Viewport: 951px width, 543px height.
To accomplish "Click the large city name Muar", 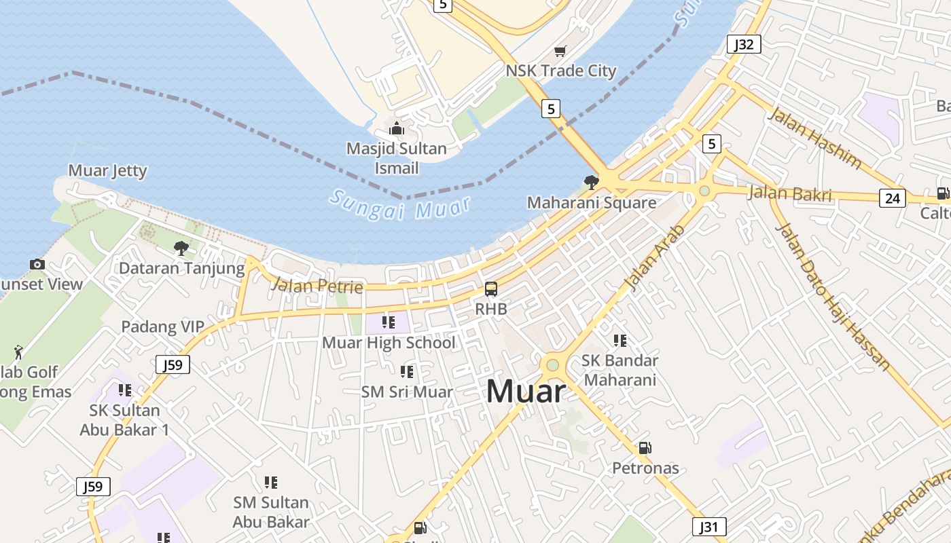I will pyautogui.click(x=526, y=392).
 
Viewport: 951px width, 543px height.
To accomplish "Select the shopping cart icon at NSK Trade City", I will pyautogui.click(x=560, y=52).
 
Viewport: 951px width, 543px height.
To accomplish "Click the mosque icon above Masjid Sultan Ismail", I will pyautogui.click(x=397, y=128).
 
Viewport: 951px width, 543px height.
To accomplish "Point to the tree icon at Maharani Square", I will pyautogui.click(x=591, y=182).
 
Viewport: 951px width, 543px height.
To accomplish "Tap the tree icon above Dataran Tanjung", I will pyautogui.click(x=181, y=248).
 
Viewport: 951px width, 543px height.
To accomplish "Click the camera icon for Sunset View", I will pyautogui.click(x=37, y=264).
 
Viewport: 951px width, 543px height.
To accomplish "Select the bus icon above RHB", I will pyautogui.click(x=490, y=289).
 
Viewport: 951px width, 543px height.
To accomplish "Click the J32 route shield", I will pyautogui.click(x=744, y=45).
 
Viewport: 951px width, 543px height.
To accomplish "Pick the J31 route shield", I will pyautogui.click(x=709, y=527).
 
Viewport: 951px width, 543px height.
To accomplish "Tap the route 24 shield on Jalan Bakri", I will pyautogui.click(x=892, y=198).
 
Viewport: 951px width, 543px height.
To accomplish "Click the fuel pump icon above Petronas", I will pyautogui.click(x=645, y=448).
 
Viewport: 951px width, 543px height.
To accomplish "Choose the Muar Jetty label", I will pyautogui.click(x=107, y=170).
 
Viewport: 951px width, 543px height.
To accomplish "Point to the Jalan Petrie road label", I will pyautogui.click(x=317, y=286).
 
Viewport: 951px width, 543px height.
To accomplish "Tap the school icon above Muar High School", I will pyautogui.click(x=389, y=322).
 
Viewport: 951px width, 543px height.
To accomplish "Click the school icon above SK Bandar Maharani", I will pyautogui.click(x=620, y=340).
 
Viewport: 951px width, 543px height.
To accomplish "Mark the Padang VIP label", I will pyautogui.click(x=162, y=326).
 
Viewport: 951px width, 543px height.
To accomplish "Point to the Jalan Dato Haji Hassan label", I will pyautogui.click(x=833, y=297).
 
